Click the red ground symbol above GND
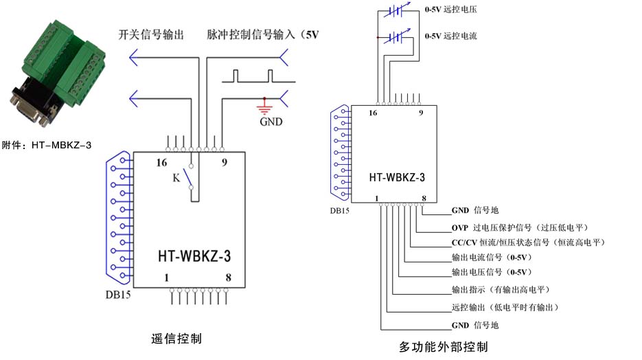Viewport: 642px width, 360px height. (262, 106)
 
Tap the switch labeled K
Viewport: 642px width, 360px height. (190, 177)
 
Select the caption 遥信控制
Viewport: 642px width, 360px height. (176, 338)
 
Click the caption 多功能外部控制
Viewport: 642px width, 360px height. (444, 347)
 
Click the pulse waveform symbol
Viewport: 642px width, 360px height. (253, 75)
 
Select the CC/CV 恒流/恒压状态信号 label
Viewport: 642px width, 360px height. (527, 243)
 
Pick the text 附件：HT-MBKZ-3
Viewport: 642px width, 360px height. (47, 145)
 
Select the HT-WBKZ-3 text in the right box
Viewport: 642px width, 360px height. (396, 177)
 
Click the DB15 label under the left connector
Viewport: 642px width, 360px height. (118, 294)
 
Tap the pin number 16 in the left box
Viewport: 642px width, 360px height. (161, 163)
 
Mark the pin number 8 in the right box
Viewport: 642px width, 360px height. (424, 199)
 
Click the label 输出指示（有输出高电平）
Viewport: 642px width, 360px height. (500, 289)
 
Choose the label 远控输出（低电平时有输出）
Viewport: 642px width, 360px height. (504, 307)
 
